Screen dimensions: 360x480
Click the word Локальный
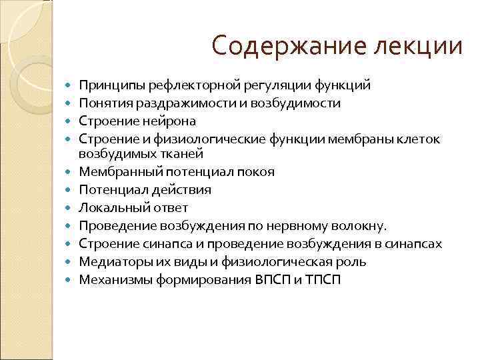click(x=109, y=207)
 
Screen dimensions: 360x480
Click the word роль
click(x=353, y=261)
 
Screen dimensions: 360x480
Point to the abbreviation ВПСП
click(x=278, y=279)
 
